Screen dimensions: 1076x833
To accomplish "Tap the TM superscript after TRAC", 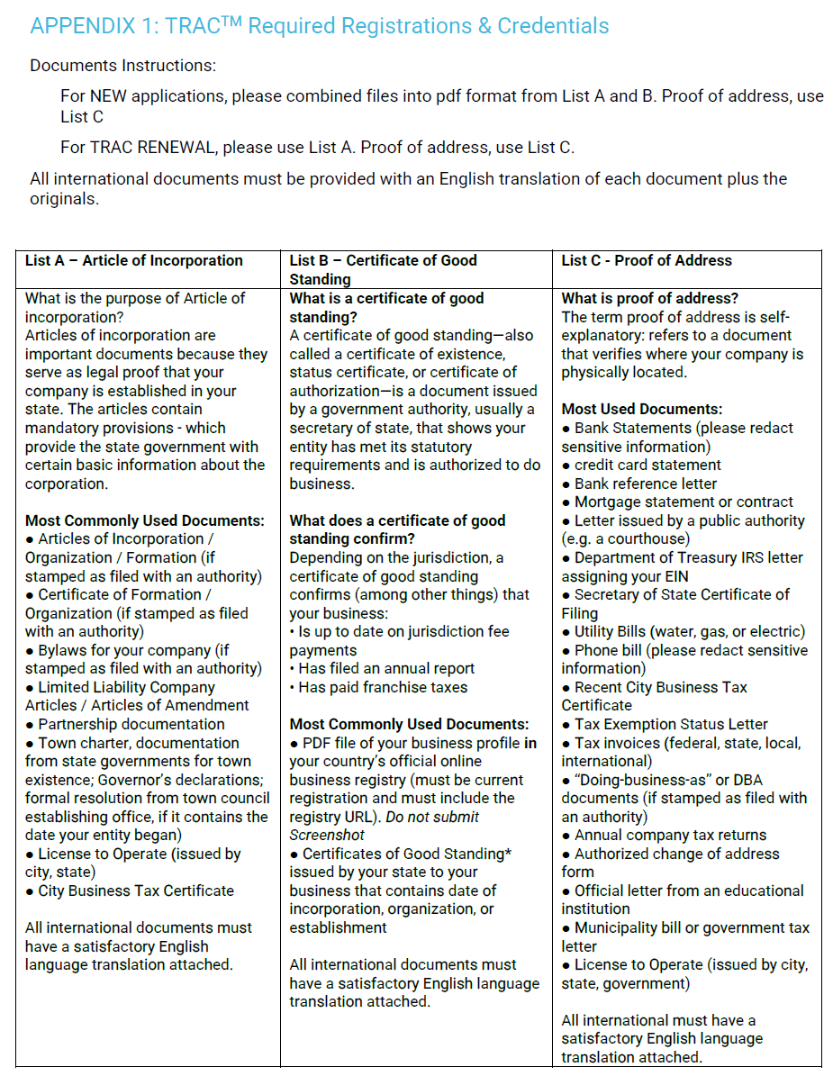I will [x=232, y=20].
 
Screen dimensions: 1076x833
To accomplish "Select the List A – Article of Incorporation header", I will [x=134, y=261].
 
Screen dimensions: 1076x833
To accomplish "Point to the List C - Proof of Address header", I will [x=647, y=261].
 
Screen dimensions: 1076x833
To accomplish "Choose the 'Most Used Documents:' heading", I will [x=642, y=410].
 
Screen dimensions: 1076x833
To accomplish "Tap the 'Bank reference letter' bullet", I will [x=646, y=484].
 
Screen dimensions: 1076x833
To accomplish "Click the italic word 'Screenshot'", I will [x=327, y=836].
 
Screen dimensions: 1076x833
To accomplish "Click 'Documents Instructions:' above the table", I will [x=122, y=66].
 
